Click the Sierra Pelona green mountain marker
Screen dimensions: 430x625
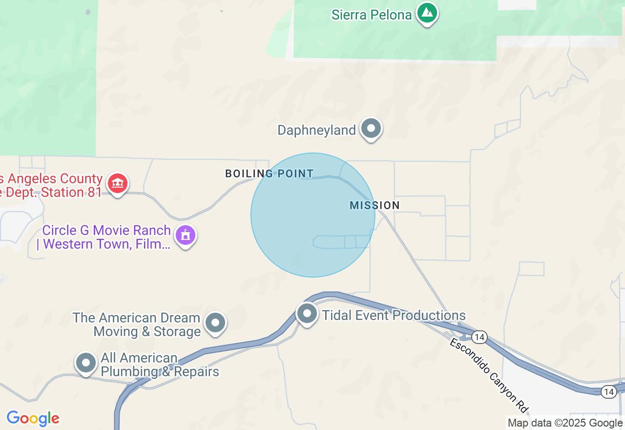[x=427, y=13]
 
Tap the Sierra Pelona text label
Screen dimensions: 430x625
[x=372, y=15]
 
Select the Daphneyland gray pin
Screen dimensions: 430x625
[x=371, y=129]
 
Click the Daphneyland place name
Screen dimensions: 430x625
[x=316, y=130]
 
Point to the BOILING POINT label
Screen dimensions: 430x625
[x=269, y=173]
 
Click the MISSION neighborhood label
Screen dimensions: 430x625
[x=375, y=205]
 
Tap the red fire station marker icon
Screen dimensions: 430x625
[x=117, y=184]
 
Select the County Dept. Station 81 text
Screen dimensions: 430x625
[x=51, y=186]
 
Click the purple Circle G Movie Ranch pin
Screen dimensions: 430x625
[x=186, y=236]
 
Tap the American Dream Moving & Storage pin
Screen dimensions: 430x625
[x=215, y=322]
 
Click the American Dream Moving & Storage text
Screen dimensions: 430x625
[x=137, y=325]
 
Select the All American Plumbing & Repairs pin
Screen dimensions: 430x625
[x=86, y=363]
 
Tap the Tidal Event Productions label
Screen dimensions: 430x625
[x=394, y=315]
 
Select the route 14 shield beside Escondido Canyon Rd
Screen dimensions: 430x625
[x=479, y=337]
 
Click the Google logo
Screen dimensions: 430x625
[x=33, y=419]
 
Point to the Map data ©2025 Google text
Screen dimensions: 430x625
[x=565, y=423]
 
